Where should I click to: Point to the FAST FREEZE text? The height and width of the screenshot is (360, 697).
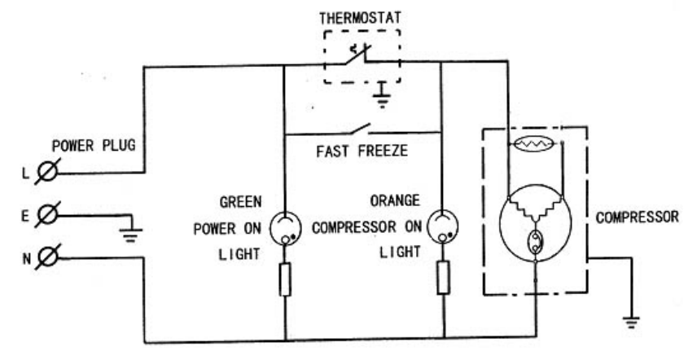(x=360, y=151)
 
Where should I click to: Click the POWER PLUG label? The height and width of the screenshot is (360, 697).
(x=99, y=147)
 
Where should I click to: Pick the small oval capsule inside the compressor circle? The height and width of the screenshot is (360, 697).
(x=535, y=242)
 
